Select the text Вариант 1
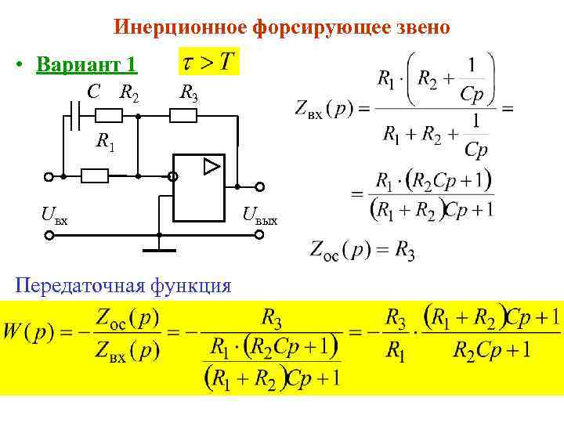[x=86, y=64]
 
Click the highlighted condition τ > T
[x=208, y=63]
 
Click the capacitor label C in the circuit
[x=93, y=92]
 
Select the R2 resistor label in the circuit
[x=129, y=93]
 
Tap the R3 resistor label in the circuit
[x=189, y=94]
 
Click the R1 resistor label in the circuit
[x=104, y=142]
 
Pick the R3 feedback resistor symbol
[x=183, y=116]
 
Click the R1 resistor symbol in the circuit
[x=95, y=175]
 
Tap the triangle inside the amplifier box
[x=211, y=166]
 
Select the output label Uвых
[x=261, y=213]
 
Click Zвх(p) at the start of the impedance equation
[x=321, y=108]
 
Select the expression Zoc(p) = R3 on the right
[x=363, y=251]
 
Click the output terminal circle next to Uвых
[x=259, y=188]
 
